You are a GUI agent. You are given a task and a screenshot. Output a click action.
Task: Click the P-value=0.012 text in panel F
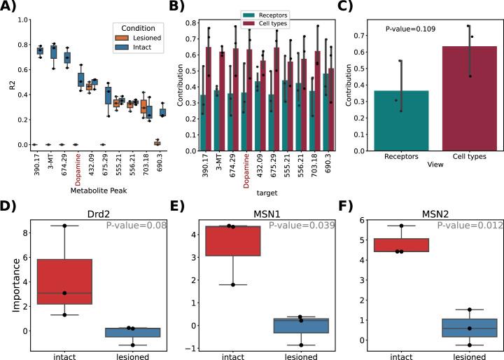click(x=465, y=226)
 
